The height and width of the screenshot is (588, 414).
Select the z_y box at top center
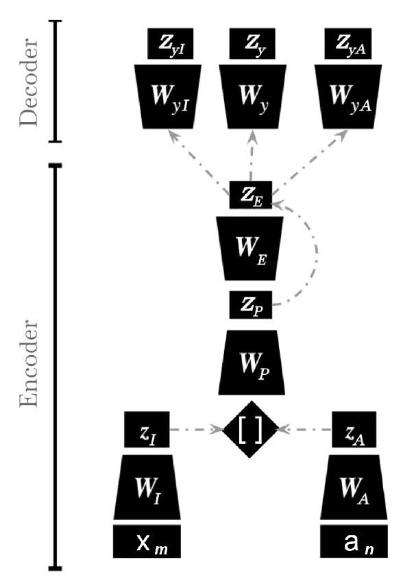click(252, 45)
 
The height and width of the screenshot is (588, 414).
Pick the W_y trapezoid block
click(251, 95)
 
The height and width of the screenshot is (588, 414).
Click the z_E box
click(251, 195)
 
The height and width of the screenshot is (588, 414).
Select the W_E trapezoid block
click(251, 247)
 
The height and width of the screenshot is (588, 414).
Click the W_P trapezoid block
click(251, 363)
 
